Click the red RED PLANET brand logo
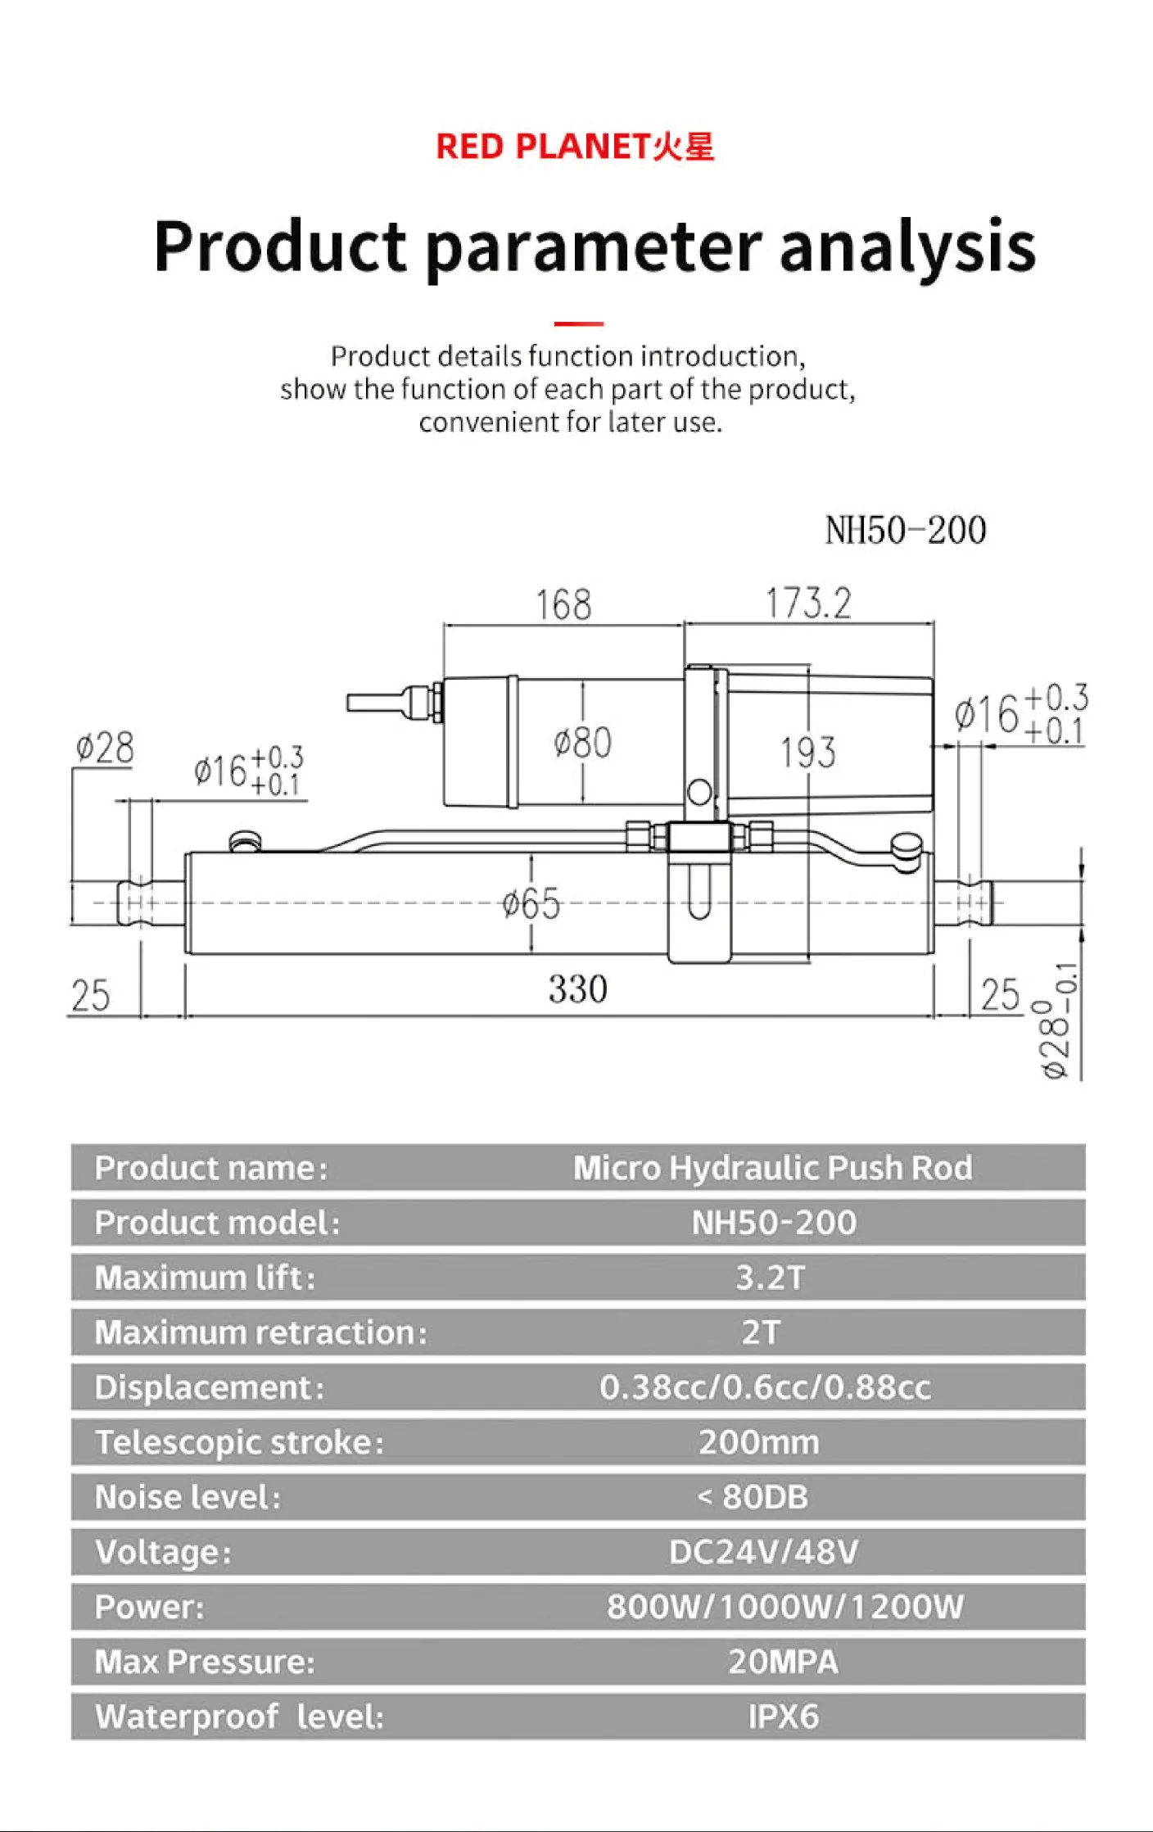coord(575,147)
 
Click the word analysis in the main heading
coord(907,247)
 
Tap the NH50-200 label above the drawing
coord(905,530)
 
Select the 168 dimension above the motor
coord(563,605)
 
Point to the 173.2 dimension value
coord(808,604)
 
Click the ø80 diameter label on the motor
coord(582,743)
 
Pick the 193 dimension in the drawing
coord(807,753)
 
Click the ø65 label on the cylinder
coord(531,904)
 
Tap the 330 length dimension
coord(577,989)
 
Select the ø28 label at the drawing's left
coord(104,748)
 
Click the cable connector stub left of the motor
coord(385,703)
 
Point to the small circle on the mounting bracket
coord(699,791)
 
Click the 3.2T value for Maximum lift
coord(771,1278)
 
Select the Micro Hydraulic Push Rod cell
coord(772,1168)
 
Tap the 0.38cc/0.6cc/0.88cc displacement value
coord(765,1387)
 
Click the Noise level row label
coord(188,1497)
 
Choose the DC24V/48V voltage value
coord(763,1552)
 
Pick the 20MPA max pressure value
coord(783,1662)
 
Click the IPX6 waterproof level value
coord(783,1717)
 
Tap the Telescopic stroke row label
coord(239,1442)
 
